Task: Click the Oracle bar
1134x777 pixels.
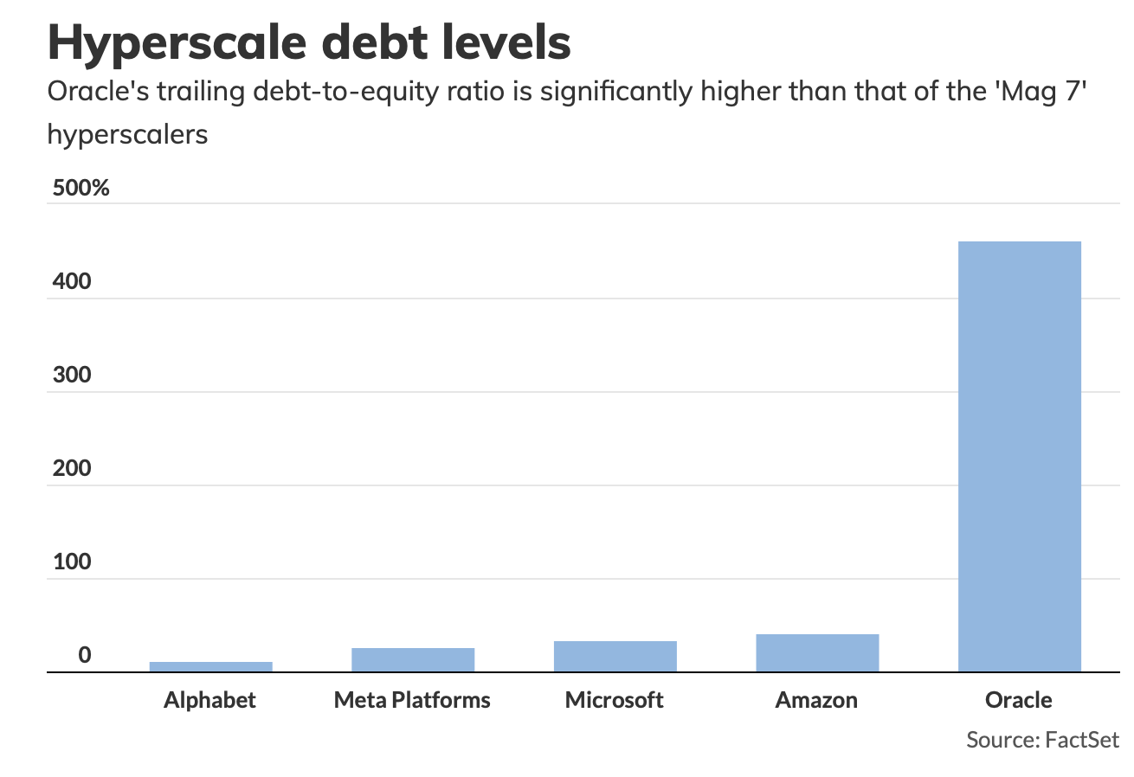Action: tap(1019, 456)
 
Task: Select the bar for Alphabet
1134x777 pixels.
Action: tap(210, 666)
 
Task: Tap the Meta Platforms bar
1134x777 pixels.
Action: tap(412, 659)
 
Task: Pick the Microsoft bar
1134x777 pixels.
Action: tap(615, 656)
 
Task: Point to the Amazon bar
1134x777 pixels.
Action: tap(816, 652)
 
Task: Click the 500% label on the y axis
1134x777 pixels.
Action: tap(81, 188)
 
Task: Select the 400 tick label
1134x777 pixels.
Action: tap(72, 282)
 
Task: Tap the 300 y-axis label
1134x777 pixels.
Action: tap(72, 376)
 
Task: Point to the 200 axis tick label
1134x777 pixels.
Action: tap(72, 469)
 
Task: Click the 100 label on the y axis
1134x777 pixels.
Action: tap(72, 562)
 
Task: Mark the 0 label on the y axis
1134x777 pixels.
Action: tap(84, 656)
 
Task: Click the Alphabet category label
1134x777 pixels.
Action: tap(210, 700)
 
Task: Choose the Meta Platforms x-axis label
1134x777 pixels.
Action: tap(412, 700)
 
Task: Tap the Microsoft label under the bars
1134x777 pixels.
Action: tap(615, 700)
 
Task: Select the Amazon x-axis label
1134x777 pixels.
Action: tap(816, 700)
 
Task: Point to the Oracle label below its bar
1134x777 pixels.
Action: tap(1019, 700)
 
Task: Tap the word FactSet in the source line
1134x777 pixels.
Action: tap(1082, 740)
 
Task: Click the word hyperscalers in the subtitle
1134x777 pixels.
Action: tap(127, 135)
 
